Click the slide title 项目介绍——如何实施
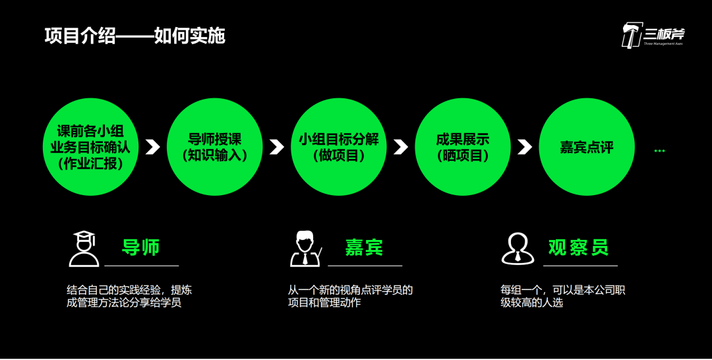point(135,36)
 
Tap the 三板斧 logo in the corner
point(653,34)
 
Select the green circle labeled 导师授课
point(214,147)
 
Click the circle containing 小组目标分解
point(338,147)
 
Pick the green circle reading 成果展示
point(462,147)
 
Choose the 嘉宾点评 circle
point(586,147)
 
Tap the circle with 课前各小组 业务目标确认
point(90,147)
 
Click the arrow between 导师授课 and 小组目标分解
point(277,147)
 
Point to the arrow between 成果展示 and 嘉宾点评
point(525,147)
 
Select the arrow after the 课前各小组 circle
point(153,147)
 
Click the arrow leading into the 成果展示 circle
point(401,147)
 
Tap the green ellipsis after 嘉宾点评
point(659,151)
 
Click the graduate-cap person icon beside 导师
point(84,249)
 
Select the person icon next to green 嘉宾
point(305,249)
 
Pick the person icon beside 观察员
point(518,249)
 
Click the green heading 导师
point(141,248)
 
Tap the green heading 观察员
point(578,248)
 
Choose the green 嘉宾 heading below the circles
point(363,248)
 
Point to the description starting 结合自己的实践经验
point(129,297)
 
